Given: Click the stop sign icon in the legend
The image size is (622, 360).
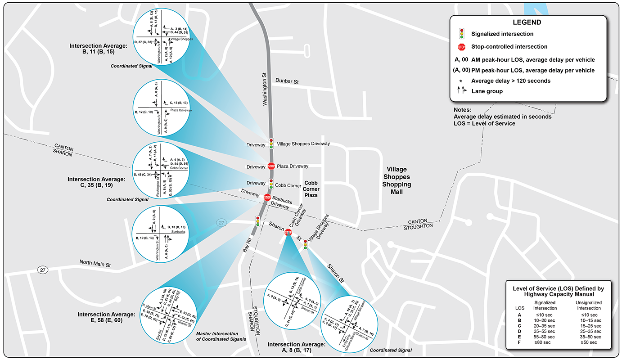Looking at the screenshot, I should click(x=461, y=46).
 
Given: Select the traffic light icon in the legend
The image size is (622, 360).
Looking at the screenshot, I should click(x=461, y=34).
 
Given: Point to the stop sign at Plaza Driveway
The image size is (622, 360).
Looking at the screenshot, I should click(x=271, y=166).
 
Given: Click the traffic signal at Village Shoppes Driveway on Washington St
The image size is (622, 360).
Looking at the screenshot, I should click(x=271, y=143).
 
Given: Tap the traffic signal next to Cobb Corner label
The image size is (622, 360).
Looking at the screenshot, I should click(x=270, y=184).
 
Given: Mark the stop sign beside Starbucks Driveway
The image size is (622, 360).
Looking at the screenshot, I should click(x=267, y=197).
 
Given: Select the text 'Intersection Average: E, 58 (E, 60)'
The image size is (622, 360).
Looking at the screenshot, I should click(x=106, y=317).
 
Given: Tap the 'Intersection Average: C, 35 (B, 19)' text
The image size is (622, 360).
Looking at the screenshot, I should click(x=96, y=182).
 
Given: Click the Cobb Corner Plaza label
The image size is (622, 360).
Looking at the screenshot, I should click(x=311, y=189).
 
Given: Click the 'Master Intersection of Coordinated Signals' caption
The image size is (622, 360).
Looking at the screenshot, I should click(x=221, y=336).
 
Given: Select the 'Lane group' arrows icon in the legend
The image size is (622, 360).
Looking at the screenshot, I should click(x=461, y=91).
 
